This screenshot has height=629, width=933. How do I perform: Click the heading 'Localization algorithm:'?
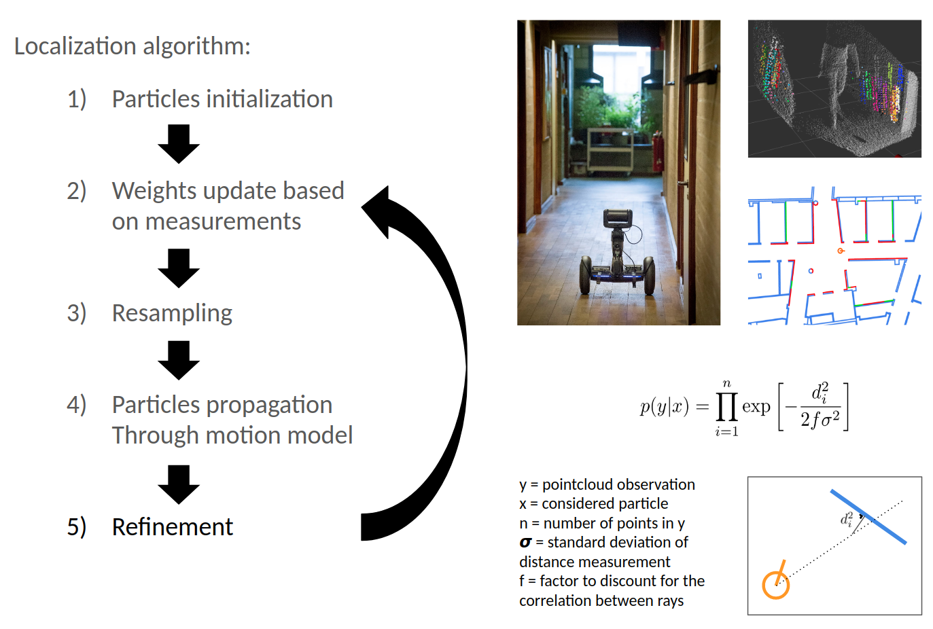pyautogui.click(x=133, y=46)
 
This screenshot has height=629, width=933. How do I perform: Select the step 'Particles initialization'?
pyautogui.click(x=222, y=99)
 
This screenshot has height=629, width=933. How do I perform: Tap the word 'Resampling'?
pyautogui.click(x=172, y=313)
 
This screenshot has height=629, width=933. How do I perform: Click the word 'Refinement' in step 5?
pyautogui.click(x=172, y=527)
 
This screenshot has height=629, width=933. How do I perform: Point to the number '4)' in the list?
pyautogui.click(x=76, y=405)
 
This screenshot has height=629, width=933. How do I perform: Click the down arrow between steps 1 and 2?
pyautogui.click(x=179, y=143)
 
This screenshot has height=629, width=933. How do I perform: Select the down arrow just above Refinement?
pyautogui.click(x=179, y=484)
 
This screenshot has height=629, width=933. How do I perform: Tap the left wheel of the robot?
pyautogui.click(x=586, y=275)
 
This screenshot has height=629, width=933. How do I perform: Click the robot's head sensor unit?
pyautogui.click(x=618, y=218)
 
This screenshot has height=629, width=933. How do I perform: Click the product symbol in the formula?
pyautogui.click(x=726, y=407)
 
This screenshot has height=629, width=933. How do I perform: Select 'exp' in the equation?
pyautogui.click(x=756, y=407)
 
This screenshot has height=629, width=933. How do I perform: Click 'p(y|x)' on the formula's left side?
pyautogui.click(x=664, y=407)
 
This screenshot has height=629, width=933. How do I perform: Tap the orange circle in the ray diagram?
pyautogui.click(x=775, y=584)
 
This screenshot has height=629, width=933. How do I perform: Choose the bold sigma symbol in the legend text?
pyautogui.click(x=525, y=543)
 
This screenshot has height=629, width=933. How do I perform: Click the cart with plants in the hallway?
pyautogui.click(x=610, y=149)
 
